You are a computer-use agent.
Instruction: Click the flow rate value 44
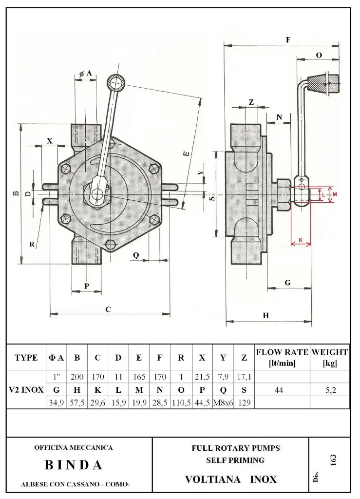[x=278, y=390]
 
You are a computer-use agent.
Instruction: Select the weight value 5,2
[x=330, y=390]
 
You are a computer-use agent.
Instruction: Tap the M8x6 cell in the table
[x=223, y=403]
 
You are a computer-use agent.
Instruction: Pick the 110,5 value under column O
[x=181, y=403]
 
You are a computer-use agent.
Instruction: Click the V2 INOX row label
[x=26, y=390]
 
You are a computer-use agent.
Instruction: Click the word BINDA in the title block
[x=74, y=465]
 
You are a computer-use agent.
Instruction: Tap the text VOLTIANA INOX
[x=230, y=480]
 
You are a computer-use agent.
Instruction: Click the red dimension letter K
[x=301, y=240]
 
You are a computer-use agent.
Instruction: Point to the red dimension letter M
[x=335, y=194]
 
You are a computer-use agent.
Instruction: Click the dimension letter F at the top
[x=288, y=40]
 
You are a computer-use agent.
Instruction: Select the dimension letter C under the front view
[x=108, y=309]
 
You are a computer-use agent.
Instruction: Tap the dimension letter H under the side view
[x=265, y=316]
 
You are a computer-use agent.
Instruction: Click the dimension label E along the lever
[x=187, y=154]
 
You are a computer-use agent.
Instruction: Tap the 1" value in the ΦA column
[x=56, y=377]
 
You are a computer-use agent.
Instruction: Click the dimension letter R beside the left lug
[x=32, y=245]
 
